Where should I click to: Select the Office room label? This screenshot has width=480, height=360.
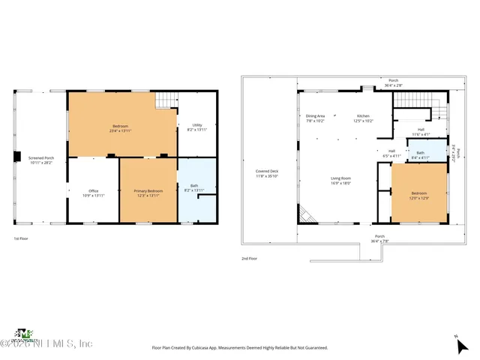coord(94,193)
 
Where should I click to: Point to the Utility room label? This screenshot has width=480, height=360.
coord(197,127)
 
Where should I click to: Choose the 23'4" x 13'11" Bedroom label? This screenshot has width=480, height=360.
coord(121,127)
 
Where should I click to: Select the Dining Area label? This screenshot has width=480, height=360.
coord(315,118)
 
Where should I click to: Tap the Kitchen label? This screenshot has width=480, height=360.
coord(363,118)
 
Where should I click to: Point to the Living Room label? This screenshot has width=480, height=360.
coord(341,180)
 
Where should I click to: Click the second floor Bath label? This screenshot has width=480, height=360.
coord(419,155)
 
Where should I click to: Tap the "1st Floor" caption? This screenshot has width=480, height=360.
coord(22,238)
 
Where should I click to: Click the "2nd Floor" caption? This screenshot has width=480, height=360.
coord(250,258)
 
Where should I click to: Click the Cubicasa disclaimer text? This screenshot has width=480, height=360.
coord(240,347)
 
